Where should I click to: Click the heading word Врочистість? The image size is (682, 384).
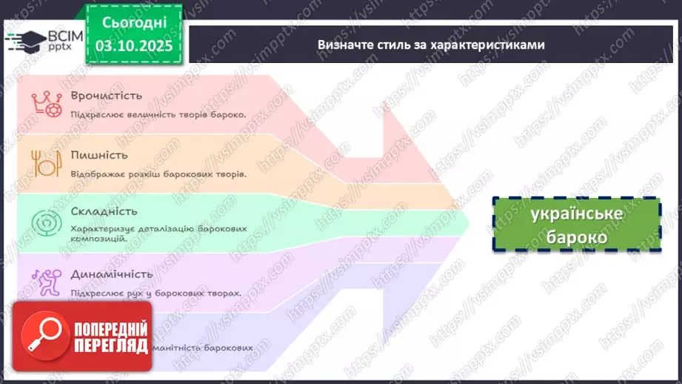[x=107, y=96]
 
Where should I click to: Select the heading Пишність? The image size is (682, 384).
[x=99, y=155]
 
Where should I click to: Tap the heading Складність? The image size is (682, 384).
[x=104, y=212]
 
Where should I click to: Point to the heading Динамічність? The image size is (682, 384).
[x=112, y=274]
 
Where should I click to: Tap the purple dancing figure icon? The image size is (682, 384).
[x=42, y=280]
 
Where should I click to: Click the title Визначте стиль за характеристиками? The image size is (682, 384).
[x=431, y=44]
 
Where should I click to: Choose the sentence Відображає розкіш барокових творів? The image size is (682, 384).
[x=158, y=173]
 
